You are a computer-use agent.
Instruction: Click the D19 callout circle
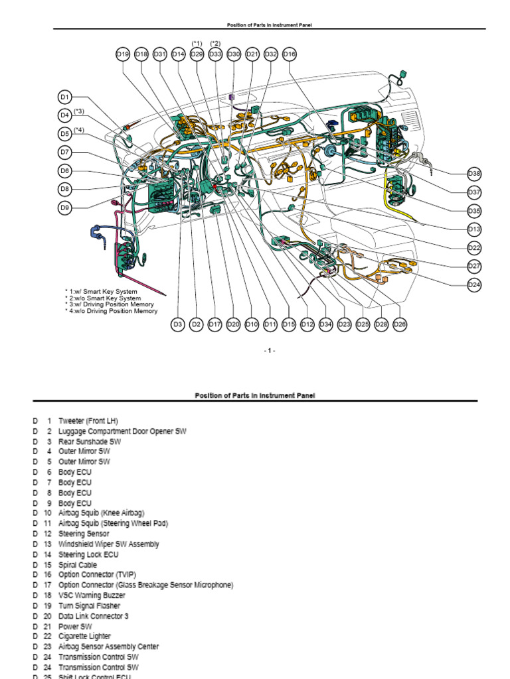pos(123,54)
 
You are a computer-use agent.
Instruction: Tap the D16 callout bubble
pos(289,54)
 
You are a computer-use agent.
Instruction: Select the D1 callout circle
pos(64,97)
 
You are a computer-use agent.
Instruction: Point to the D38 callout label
pos(474,173)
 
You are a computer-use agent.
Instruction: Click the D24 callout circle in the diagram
pos(474,284)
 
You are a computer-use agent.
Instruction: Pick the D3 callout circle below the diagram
pos(177,324)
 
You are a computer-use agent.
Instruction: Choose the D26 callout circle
pos(400,324)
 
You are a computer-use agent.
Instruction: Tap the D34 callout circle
pos(325,324)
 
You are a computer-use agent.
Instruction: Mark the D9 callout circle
pos(64,208)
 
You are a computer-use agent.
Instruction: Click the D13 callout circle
pos(474,229)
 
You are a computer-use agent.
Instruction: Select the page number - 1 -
pos(269,351)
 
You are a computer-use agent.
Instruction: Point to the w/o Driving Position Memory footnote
pos(111,311)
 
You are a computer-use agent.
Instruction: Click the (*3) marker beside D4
pos(79,111)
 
